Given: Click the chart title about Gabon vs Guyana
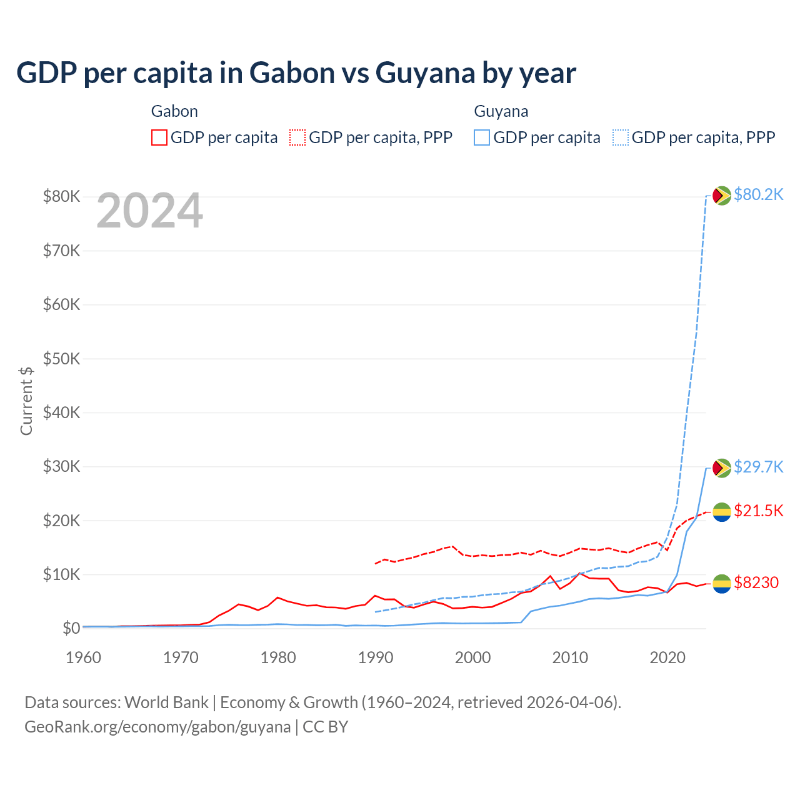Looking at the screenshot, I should pyautogui.click(x=296, y=73).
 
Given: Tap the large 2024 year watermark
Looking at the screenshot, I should pyautogui.click(x=149, y=211).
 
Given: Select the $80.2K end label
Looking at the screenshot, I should pyautogui.click(x=758, y=194).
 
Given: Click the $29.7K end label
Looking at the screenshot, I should pyautogui.click(x=758, y=467).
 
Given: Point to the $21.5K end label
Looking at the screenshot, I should pyautogui.click(x=758, y=511).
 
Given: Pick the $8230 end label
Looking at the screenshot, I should pyautogui.click(x=756, y=582).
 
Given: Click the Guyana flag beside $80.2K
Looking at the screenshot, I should pyautogui.click(x=722, y=196).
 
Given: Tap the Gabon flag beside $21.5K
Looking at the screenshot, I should pyautogui.click(x=722, y=512).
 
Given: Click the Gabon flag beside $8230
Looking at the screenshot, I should pyautogui.click(x=722, y=584).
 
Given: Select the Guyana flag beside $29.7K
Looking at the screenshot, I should pyautogui.click(x=722, y=468).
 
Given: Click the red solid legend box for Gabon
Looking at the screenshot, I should pyautogui.click(x=159, y=137).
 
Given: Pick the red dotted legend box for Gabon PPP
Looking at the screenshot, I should pyautogui.click(x=298, y=137).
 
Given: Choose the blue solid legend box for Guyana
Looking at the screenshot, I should pyautogui.click(x=482, y=137).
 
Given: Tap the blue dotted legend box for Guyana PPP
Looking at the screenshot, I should pyautogui.click(x=621, y=137).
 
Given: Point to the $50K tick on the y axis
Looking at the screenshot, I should pyautogui.click(x=61, y=359).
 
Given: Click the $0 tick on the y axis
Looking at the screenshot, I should pyautogui.click(x=71, y=628).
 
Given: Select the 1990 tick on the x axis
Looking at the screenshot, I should pyautogui.click(x=376, y=657).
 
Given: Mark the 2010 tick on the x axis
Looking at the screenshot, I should pyautogui.click(x=570, y=657).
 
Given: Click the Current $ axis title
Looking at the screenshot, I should pyautogui.click(x=26, y=401).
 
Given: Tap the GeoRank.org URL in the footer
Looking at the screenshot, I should pyautogui.click(x=157, y=727).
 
